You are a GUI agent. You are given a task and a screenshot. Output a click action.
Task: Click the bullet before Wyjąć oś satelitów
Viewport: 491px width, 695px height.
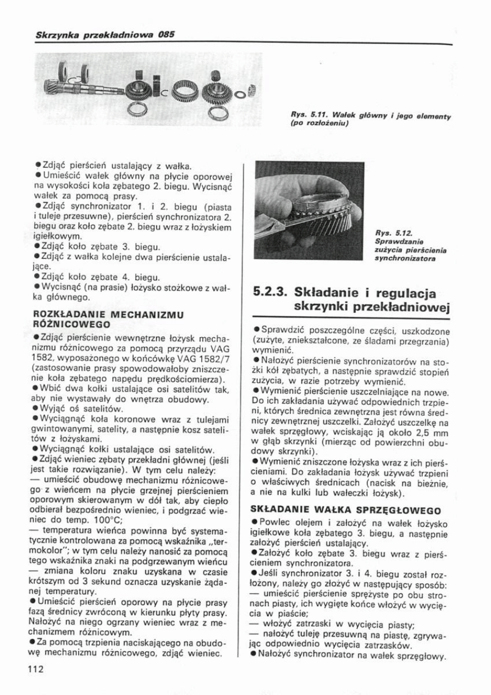(x=35, y=409)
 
